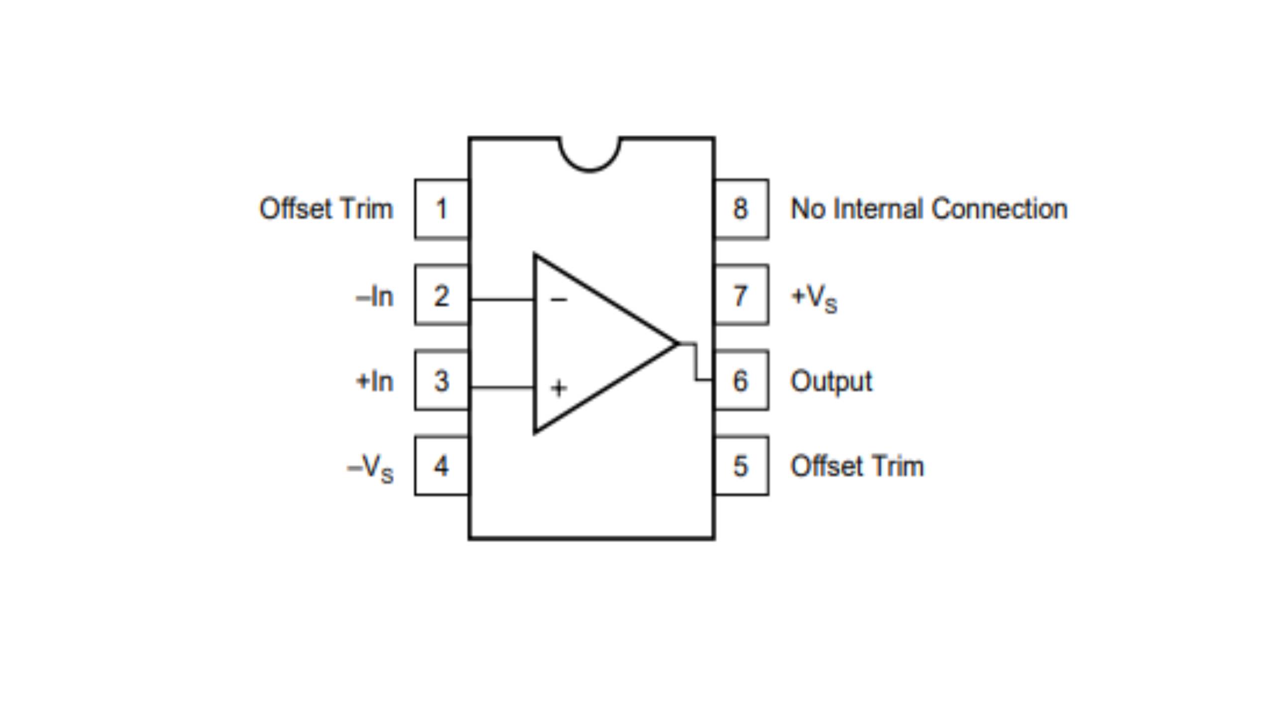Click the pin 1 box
[441, 209]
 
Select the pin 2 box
[441, 295]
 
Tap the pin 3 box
[441, 380]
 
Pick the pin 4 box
[441, 466]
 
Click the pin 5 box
[741, 466]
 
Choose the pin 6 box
[741, 380]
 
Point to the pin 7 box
[741, 295]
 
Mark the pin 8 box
[741, 209]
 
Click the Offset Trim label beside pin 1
[326, 209]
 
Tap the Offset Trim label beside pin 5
[857, 467]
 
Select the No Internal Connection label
[929, 209]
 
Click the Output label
[831, 381]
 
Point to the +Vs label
[814, 297]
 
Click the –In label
[375, 297]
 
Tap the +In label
[375, 381]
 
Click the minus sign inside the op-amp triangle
[559, 299]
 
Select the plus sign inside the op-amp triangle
[559, 388]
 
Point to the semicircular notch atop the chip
[590, 154]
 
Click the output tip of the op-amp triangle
[677, 343]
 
